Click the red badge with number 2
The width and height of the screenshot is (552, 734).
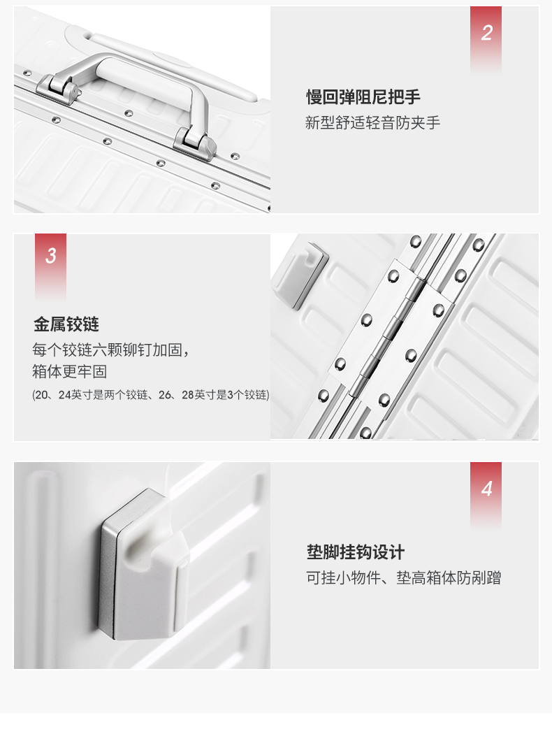tap(486, 38)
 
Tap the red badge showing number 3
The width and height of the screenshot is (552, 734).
tap(50, 266)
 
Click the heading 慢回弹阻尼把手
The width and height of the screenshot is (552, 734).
tap(363, 97)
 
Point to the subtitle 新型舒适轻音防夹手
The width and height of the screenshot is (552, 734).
tap(373, 122)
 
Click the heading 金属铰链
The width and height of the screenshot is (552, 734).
tap(66, 324)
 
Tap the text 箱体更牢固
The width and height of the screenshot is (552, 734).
tap(69, 371)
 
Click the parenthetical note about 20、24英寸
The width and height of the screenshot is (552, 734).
tap(151, 395)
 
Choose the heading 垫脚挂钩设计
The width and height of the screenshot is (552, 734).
tap(356, 552)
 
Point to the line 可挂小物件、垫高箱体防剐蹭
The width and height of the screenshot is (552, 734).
tap(404, 577)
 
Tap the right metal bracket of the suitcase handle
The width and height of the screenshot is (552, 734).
tap(195, 143)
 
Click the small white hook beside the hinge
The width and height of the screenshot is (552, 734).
tap(300, 275)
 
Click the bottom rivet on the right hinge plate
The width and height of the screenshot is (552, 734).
tap(384, 401)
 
